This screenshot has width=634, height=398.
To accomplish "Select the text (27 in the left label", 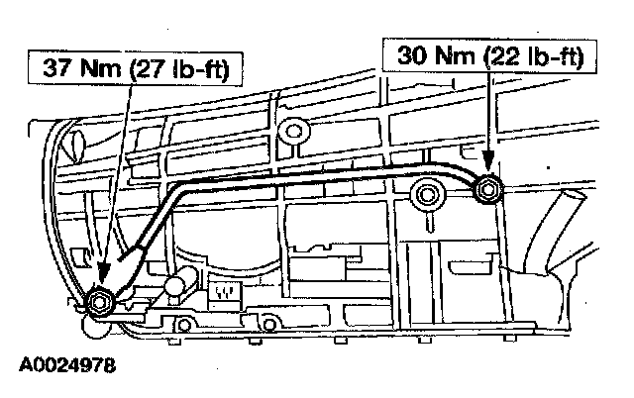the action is click(x=145, y=70).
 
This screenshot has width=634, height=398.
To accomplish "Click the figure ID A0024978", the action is click(x=66, y=364).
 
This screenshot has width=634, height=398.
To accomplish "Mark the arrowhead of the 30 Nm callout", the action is click(x=487, y=176).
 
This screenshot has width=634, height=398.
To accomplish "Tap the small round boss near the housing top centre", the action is click(x=293, y=128).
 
